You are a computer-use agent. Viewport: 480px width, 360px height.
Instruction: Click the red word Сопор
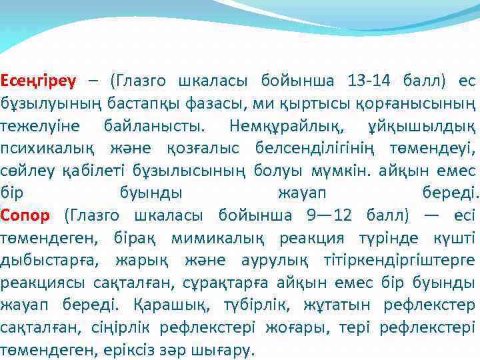pos(25,215)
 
